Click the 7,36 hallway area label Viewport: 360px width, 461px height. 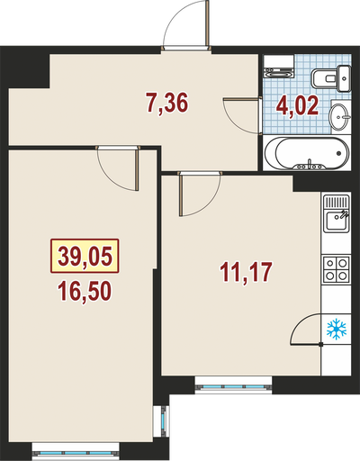[167, 103]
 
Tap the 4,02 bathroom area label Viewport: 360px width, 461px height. [297, 106]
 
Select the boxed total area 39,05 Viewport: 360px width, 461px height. [85, 256]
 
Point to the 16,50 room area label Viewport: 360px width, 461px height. [85, 291]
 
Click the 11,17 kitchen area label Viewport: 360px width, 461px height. [246, 272]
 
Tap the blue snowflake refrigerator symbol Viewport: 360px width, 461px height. [337, 330]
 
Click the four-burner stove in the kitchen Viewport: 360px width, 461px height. [336, 269]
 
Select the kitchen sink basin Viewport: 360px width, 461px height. [336, 221]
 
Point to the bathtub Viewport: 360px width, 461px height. [307, 153]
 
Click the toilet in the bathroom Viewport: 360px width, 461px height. [331, 78]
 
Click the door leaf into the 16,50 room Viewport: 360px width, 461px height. [137, 170]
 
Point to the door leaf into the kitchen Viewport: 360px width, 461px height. [181, 195]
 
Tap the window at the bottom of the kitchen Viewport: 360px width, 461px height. [233, 387]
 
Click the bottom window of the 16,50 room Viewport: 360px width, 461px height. [76, 453]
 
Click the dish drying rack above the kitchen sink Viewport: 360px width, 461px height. [336, 202]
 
